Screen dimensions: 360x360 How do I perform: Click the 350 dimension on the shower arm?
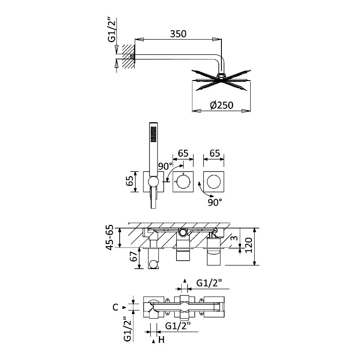tap(178, 34)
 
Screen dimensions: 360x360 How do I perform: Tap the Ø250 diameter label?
tap(221, 105)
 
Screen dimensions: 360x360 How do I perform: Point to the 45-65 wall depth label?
tap(111, 238)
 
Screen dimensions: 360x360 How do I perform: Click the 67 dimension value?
tap(134, 256)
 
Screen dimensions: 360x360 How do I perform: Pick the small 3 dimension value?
tap(234, 238)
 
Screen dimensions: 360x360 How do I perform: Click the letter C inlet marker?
tap(116, 307)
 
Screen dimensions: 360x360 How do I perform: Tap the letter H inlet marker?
tap(162, 340)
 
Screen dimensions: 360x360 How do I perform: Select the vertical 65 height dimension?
tap(130, 181)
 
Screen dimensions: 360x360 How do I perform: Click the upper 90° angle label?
tap(165, 166)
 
